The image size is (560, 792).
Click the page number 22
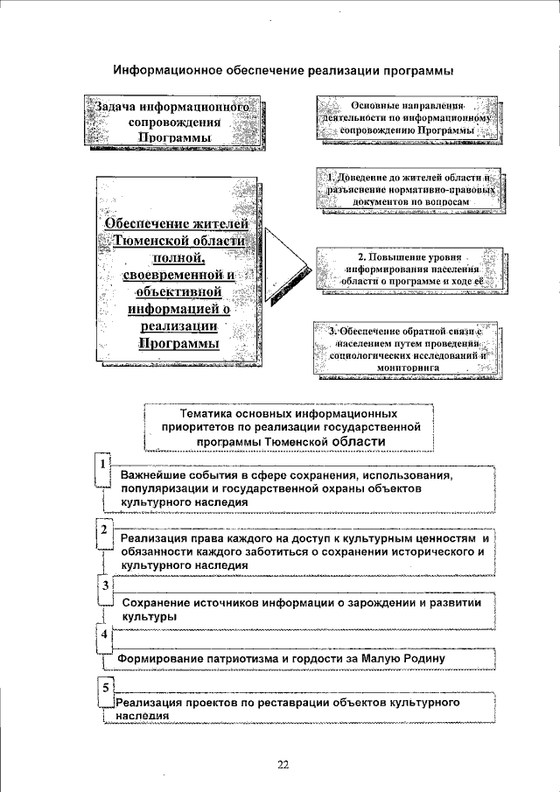click(283, 764)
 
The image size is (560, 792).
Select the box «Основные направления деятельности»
click(410, 117)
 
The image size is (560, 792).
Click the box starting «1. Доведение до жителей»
click(410, 189)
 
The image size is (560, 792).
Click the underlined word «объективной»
click(175, 292)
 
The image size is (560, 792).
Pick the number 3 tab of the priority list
click(104, 585)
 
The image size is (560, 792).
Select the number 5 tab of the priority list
click(104, 687)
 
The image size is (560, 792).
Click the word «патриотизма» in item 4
click(236, 658)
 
